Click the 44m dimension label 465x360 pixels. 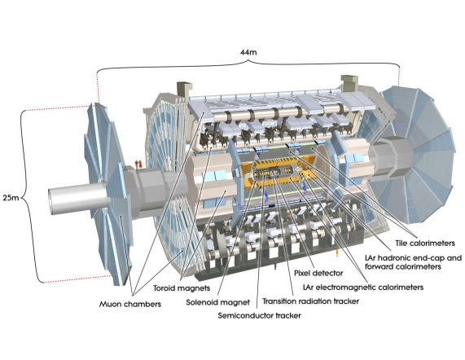click(248, 52)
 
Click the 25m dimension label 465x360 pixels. click(11, 197)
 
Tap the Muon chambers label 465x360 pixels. click(130, 305)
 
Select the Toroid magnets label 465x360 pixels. click(182, 288)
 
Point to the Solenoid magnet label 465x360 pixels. click(218, 302)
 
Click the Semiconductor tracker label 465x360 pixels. click(260, 315)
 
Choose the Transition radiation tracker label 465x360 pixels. click(311, 301)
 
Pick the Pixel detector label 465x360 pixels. click(318, 273)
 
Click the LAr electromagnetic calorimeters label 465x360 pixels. click(363, 288)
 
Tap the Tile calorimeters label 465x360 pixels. click(425, 244)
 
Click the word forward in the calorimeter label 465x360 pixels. click(378, 266)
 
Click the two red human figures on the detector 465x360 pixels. click(138, 164)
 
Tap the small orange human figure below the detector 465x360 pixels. click(337, 253)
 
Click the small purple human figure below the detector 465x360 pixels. click(275, 266)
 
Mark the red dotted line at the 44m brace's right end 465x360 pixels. click(399, 77)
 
